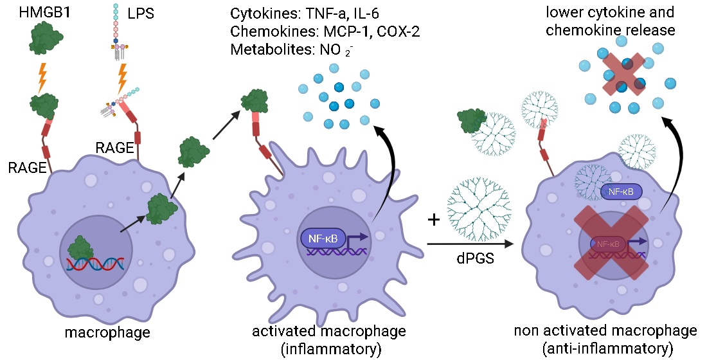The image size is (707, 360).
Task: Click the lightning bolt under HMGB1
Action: click(x=43, y=76)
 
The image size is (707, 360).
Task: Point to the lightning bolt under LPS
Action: click(x=122, y=76)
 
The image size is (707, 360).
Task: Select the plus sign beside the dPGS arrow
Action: click(x=434, y=221)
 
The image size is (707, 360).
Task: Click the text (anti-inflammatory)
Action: click(x=605, y=348)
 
